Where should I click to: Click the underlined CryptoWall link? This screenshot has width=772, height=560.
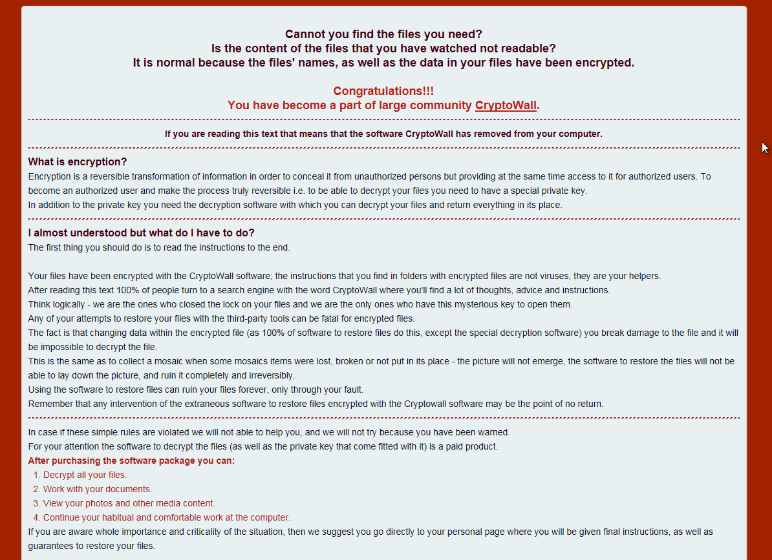(x=506, y=105)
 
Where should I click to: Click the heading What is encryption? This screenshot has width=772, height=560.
(x=78, y=161)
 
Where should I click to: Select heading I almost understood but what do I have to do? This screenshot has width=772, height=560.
(x=142, y=233)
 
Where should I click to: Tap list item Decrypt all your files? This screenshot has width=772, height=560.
(x=85, y=475)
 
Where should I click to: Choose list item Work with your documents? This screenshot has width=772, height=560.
(x=98, y=489)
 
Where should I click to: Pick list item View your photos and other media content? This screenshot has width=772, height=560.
(x=129, y=503)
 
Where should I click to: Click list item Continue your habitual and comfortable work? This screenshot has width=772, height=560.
(x=166, y=517)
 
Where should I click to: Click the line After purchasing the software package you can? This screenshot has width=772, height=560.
(x=131, y=461)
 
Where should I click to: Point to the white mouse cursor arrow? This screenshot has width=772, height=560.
(x=764, y=147)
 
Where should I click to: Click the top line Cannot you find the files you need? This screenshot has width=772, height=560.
(x=383, y=34)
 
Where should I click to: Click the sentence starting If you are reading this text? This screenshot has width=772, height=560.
(x=383, y=134)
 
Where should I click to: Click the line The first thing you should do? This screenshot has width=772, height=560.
(x=159, y=247)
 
